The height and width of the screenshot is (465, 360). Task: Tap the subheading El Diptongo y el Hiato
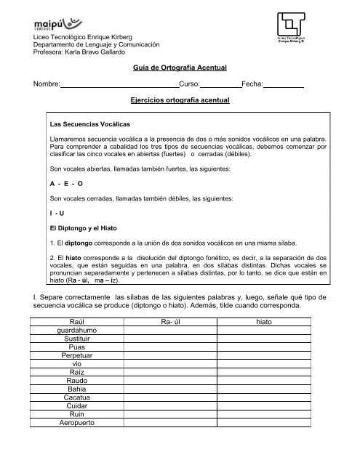[x=82, y=228]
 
